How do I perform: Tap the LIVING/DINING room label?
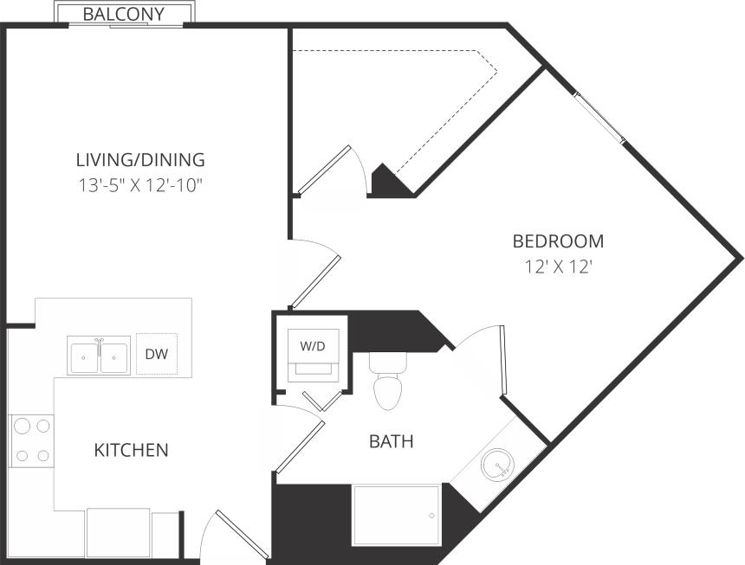click(140, 159)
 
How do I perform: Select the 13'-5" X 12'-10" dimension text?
click(140, 184)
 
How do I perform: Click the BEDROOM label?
click(558, 241)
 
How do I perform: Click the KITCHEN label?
click(131, 450)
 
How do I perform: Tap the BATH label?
click(392, 441)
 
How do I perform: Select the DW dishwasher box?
click(157, 354)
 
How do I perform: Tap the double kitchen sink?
click(99, 355)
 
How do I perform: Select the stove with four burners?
click(31, 440)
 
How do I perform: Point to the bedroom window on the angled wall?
click(600, 117)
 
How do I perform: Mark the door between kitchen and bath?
click(298, 445)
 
